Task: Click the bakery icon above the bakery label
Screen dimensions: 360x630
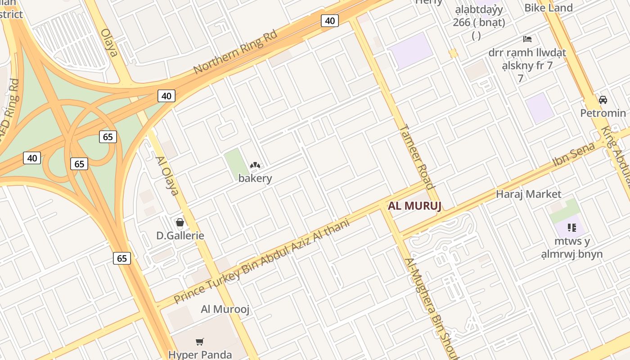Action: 255,166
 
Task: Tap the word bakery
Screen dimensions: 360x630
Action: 255,178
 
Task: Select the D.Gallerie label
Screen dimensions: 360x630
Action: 180,235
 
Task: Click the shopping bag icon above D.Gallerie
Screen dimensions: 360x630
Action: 180,222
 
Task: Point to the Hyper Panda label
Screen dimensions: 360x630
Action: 200,355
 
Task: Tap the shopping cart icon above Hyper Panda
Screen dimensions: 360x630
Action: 200,342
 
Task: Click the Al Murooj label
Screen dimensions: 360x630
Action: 225,309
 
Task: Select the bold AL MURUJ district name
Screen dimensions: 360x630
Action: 414,206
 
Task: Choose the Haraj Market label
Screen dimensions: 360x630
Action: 529,194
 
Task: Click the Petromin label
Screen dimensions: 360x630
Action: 603,113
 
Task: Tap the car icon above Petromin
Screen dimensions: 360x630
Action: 603,99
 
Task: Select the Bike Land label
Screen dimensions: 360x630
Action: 549,8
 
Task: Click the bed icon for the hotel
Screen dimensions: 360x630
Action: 527,39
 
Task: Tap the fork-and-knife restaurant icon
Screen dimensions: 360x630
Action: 572,228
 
